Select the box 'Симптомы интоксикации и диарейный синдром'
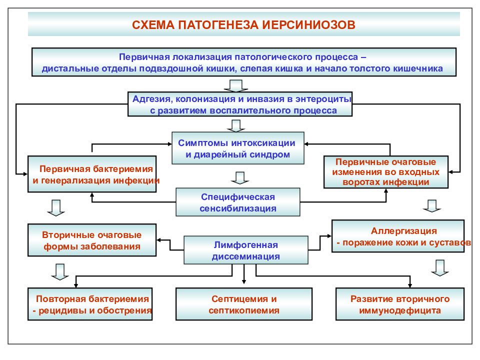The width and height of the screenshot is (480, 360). pyautogui.click(x=238, y=148)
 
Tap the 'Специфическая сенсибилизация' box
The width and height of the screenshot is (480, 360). pyautogui.click(x=238, y=202)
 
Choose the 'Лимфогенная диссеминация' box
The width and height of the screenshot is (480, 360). pyautogui.click(x=246, y=250)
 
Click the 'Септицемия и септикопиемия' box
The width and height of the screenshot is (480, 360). pyautogui.click(x=244, y=304)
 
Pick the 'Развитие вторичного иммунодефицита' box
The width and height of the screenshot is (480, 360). pyautogui.click(x=400, y=304)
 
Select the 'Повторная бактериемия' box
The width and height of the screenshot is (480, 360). pyautogui.click(x=90, y=304)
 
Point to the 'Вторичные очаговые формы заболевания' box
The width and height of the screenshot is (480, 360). pyautogui.click(x=92, y=240)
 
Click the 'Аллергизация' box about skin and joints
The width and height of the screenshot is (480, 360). pyautogui.click(x=398, y=236)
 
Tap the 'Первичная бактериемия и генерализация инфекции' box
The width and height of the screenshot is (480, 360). pyautogui.click(x=92, y=174)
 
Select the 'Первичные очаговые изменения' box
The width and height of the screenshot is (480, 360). pyautogui.click(x=386, y=171)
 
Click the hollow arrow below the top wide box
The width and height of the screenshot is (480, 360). pyautogui.click(x=235, y=85)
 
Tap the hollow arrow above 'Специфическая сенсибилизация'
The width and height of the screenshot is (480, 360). pyautogui.click(x=240, y=178)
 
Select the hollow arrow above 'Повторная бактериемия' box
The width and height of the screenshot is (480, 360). pyautogui.click(x=60, y=272)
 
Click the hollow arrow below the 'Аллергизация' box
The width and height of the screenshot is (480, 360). pyautogui.click(x=440, y=268)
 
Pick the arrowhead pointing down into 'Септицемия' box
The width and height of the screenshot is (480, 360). pyautogui.click(x=244, y=281)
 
